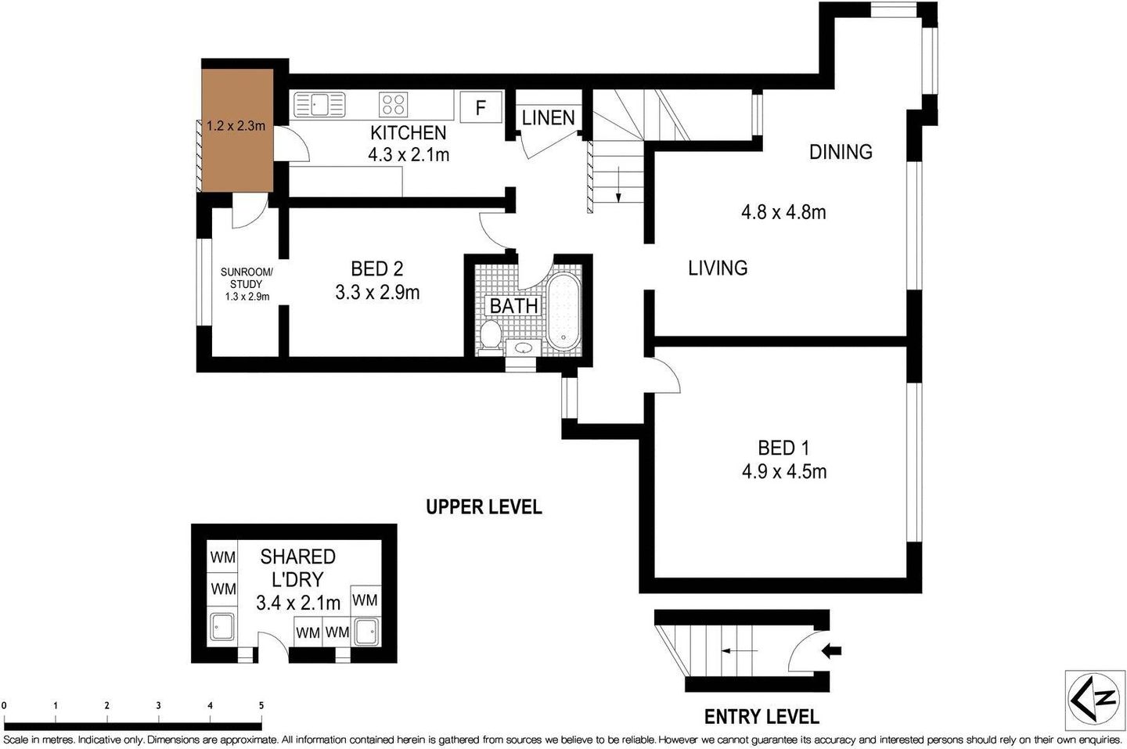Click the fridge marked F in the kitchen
pyautogui.click(x=481, y=106)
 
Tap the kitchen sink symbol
pyautogui.click(x=319, y=104)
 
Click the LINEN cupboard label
pyautogui.click(x=548, y=118)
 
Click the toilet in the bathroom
pyautogui.click(x=491, y=335)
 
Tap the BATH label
pyautogui.click(x=513, y=305)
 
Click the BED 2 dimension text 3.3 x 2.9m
pyautogui.click(x=377, y=293)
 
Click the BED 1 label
pyautogui.click(x=783, y=448)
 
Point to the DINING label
pyautogui.click(x=841, y=152)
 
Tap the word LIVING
pyautogui.click(x=717, y=268)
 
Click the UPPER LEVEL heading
pyautogui.click(x=484, y=507)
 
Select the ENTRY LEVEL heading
pyautogui.click(x=762, y=716)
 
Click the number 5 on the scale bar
pyautogui.click(x=261, y=705)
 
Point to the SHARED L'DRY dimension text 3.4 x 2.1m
pyautogui.click(x=297, y=603)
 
